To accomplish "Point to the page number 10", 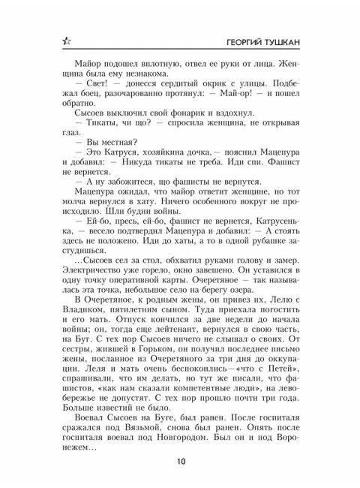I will (x=180, y=462).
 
